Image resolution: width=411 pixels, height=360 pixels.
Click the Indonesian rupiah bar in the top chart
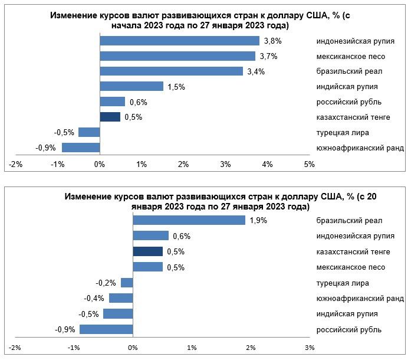coord(179,41)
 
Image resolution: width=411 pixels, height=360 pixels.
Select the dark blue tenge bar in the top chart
coord(110,117)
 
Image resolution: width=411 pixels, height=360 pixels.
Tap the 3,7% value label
coord(269,56)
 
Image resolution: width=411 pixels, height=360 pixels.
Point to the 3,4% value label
coord(257,71)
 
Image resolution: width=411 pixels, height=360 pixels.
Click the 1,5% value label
coord(176,87)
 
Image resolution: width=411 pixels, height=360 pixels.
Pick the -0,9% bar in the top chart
coord(81,148)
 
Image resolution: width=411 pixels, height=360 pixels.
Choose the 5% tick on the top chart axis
coord(309,164)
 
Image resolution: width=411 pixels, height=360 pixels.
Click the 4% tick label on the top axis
coord(267,164)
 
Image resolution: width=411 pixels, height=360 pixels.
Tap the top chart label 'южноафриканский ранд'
coord(360,148)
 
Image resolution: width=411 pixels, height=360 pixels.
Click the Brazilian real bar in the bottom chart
coord(189,220)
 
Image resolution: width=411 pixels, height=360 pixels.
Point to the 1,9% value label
coord(259,220)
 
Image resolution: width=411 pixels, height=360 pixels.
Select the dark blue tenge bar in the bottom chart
coord(147,251)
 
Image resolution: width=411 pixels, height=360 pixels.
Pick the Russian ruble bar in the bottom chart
coord(106,329)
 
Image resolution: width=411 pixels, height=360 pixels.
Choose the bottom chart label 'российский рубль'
coord(349,329)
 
